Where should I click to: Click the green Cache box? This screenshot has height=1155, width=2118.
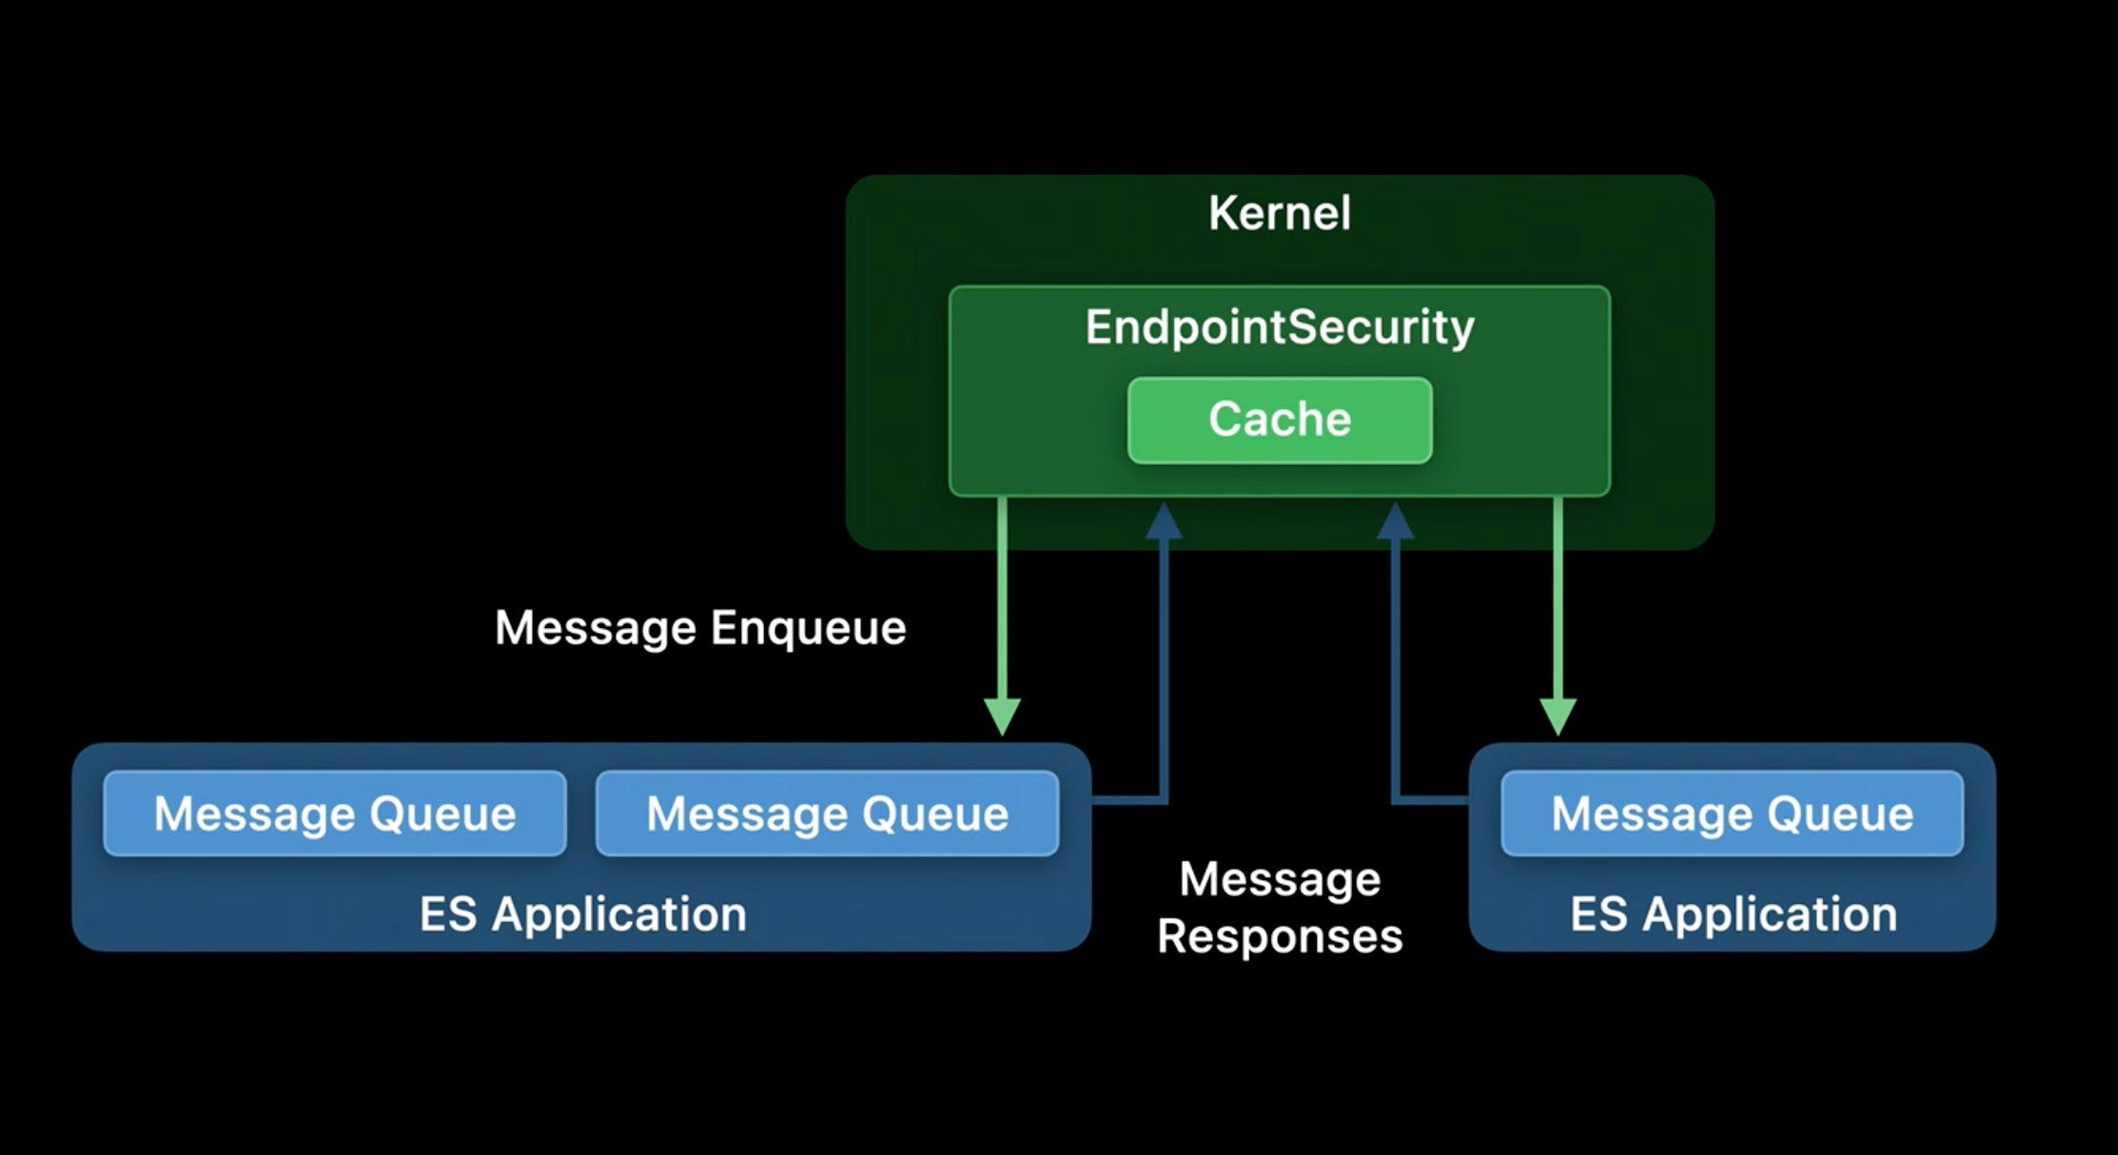pyautogui.click(x=1279, y=420)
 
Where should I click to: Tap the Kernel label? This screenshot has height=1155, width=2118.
pyautogui.click(x=1279, y=213)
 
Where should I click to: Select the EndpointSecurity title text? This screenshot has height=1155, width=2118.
pyautogui.click(x=1279, y=327)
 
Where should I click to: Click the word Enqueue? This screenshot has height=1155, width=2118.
pyautogui.click(x=808, y=629)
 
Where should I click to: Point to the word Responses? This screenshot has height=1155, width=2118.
pyautogui.click(x=1279, y=936)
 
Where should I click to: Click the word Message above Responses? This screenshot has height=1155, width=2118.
pyautogui.click(x=1279, y=879)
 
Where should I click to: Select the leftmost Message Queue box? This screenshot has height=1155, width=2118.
pyautogui.click(x=335, y=813)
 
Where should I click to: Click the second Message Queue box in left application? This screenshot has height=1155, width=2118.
pyautogui.click(x=827, y=813)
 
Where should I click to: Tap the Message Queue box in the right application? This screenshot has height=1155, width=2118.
pyautogui.click(x=1732, y=813)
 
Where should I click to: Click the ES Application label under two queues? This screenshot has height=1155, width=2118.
pyautogui.click(x=582, y=914)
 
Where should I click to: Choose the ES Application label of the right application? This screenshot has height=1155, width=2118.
pyautogui.click(x=1733, y=914)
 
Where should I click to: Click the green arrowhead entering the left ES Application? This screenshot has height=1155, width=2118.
pyautogui.click(x=1002, y=716)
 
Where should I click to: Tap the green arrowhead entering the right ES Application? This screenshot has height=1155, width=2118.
pyautogui.click(x=1558, y=716)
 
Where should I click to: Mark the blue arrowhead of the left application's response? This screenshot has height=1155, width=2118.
pyautogui.click(x=1164, y=522)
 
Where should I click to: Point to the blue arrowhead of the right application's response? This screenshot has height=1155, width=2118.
pyautogui.click(x=1395, y=522)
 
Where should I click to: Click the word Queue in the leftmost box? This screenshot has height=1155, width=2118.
pyautogui.click(x=442, y=814)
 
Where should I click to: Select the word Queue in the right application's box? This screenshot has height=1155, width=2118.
pyautogui.click(x=1839, y=814)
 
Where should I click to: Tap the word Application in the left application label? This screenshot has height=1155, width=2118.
pyautogui.click(x=619, y=914)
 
